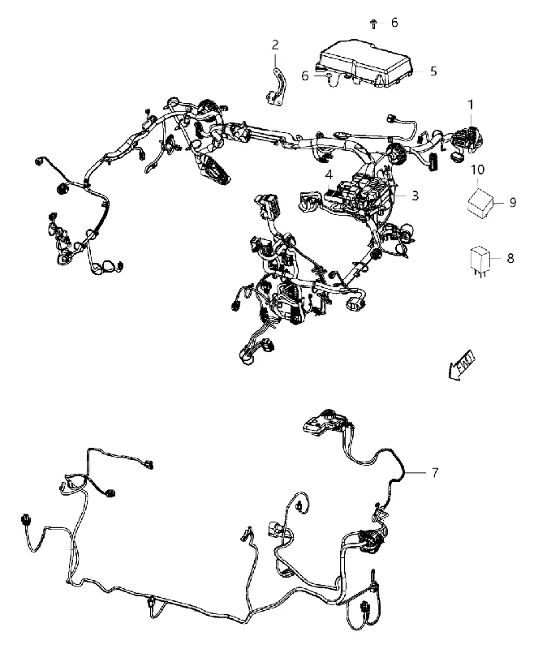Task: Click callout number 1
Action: pyautogui.click(x=470, y=105)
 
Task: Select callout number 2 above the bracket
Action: pyautogui.click(x=275, y=45)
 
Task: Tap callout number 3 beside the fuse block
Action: pyautogui.click(x=415, y=196)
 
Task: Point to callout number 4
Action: pyautogui.click(x=329, y=175)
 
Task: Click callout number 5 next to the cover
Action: pyautogui.click(x=433, y=71)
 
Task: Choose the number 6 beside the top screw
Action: pyautogui.click(x=394, y=23)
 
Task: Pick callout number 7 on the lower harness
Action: pyautogui.click(x=435, y=472)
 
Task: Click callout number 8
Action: pyautogui.click(x=510, y=258)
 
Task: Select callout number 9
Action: pyautogui.click(x=513, y=202)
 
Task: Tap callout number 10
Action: pyautogui.click(x=478, y=170)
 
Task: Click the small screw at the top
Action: pyautogui.click(x=373, y=24)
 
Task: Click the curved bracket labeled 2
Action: pyautogui.click(x=276, y=88)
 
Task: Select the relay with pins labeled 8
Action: pyautogui.click(x=480, y=260)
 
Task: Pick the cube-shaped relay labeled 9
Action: pyautogui.click(x=480, y=203)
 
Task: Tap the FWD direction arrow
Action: pyautogui.click(x=462, y=366)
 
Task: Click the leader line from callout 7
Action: pyautogui.click(x=416, y=472)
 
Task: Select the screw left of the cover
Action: pyautogui.click(x=329, y=77)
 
